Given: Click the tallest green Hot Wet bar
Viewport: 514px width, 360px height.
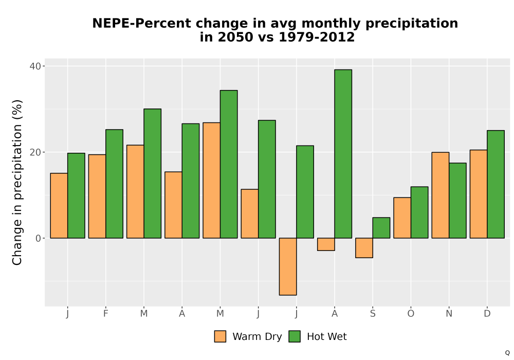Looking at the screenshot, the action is [343, 154].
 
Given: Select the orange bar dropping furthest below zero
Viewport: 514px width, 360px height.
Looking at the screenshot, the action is [288, 266].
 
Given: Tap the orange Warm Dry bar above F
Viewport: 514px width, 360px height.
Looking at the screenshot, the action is [97, 196].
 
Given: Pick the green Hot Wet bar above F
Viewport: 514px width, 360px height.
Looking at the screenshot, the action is [115, 184].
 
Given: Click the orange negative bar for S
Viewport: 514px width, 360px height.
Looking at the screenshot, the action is [364, 248].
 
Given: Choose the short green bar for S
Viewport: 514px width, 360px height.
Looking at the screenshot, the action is [381, 228].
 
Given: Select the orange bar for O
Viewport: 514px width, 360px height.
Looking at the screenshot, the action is [402, 218].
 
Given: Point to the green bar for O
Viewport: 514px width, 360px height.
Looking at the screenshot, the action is [419, 212].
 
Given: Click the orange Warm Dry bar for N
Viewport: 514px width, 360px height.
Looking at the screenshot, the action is [440, 195].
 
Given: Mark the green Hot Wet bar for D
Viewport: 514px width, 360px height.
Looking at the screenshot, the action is [495, 184].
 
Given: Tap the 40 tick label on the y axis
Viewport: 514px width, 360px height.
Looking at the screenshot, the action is [35, 66].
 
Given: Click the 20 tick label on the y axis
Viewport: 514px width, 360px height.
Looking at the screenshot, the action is [35, 152].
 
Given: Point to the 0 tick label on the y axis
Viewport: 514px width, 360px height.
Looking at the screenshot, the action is [39, 238].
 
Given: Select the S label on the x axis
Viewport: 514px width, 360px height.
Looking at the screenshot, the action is [373, 314].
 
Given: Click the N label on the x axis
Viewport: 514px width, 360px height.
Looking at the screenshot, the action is [449, 314].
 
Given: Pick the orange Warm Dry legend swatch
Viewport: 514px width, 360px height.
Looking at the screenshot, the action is [221, 337].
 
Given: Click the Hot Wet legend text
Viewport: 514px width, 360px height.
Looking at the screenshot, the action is [327, 337].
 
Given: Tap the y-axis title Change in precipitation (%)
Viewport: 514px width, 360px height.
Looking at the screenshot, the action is [17, 182].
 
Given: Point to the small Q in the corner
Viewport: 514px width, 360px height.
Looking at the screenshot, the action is [507, 353].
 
